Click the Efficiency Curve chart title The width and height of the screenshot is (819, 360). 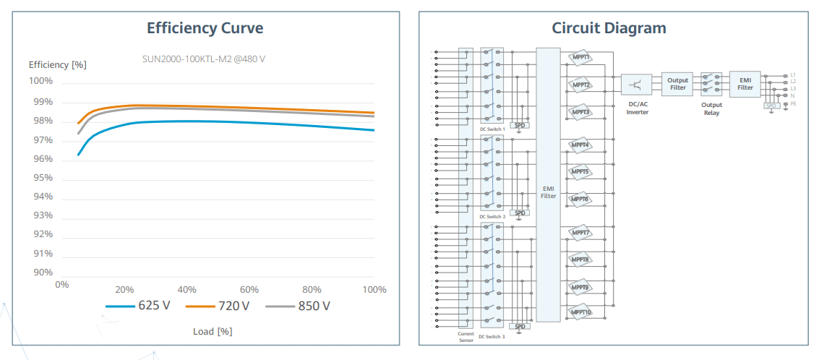205,28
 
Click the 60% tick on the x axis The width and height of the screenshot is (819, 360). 249,289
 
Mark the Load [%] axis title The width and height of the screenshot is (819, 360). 213,331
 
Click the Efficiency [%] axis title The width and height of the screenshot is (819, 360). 57,64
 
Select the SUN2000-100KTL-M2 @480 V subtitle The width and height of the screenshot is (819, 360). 203,58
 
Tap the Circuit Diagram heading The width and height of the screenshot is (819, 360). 609,28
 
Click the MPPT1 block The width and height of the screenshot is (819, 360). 580,57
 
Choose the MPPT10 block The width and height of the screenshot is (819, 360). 580,312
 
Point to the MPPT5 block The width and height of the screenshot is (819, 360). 580,172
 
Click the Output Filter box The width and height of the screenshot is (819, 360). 677,84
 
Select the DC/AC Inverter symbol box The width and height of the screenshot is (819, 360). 636,84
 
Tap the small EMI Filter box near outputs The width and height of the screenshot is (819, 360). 745,84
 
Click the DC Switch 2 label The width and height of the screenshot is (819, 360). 492,216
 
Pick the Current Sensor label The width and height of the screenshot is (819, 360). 466,337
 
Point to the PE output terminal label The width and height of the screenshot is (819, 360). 793,103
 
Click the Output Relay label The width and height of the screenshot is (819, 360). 711,108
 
